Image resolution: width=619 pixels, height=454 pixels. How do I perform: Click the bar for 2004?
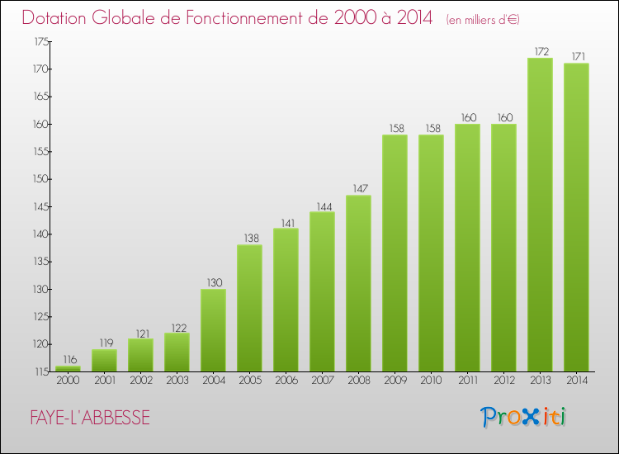tap(213, 330)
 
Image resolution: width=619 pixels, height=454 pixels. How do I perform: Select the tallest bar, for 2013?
tap(540, 215)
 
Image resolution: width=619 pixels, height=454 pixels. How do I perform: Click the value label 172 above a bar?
tap(540, 51)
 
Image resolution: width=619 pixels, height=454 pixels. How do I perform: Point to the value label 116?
tap(68, 360)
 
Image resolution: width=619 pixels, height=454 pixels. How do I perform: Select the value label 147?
tap(358, 189)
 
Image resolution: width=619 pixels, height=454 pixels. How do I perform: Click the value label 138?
tap(249, 239)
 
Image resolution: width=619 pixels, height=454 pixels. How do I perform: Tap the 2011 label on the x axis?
tap(467, 381)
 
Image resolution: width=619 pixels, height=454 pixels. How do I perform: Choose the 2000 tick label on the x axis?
tap(68, 381)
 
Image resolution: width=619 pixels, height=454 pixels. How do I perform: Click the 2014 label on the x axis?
tap(576, 381)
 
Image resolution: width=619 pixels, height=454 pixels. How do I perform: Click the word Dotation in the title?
tap(56, 18)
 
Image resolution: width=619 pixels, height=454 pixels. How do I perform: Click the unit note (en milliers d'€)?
tap(483, 20)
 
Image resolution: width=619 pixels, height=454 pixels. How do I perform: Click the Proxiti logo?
tap(524, 417)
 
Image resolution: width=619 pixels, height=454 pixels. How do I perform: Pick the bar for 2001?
tap(104, 360)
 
